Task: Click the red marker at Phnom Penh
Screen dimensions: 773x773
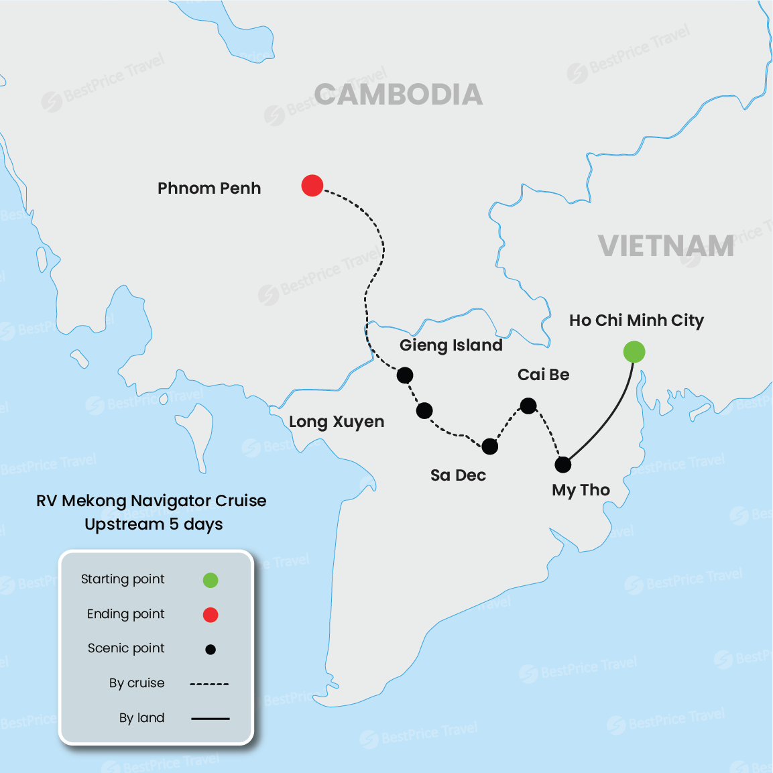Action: coord(312,185)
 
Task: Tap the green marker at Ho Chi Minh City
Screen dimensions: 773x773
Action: coord(634,351)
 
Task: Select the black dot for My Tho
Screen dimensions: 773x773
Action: coord(563,464)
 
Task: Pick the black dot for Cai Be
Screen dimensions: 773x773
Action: coord(528,406)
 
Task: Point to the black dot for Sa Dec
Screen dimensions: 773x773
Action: coord(490,447)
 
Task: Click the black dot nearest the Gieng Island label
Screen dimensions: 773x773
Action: coord(405,375)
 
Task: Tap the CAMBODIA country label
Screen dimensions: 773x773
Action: coord(398,95)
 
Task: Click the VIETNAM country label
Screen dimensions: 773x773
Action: coord(666,246)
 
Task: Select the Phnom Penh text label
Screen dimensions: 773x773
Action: coord(209,188)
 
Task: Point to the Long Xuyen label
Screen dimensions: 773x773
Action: coord(337,422)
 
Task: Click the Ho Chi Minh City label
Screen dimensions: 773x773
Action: coord(636,320)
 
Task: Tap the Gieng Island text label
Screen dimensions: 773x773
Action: coord(451,345)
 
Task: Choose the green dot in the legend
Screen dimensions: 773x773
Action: coord(211,580)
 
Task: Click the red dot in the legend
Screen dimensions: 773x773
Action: coord(211,615)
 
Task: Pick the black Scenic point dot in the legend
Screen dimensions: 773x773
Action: coord(211,649)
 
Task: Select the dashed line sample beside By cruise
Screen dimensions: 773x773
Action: coord(209,684)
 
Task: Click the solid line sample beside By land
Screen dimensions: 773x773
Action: coord(210,719)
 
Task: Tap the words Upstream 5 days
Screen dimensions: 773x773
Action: coord(154,524)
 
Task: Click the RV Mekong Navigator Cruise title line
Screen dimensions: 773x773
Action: coord(152,501)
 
